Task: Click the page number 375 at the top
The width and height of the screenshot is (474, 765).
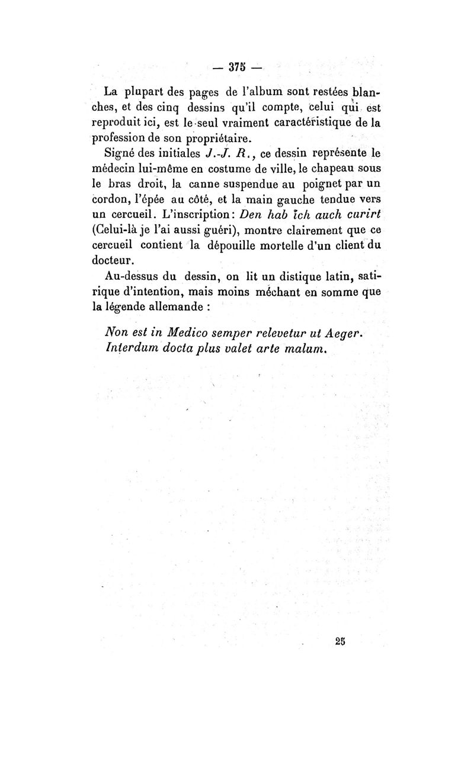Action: (x=237, y=67)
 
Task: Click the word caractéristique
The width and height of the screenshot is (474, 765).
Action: (x=311, y=122)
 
